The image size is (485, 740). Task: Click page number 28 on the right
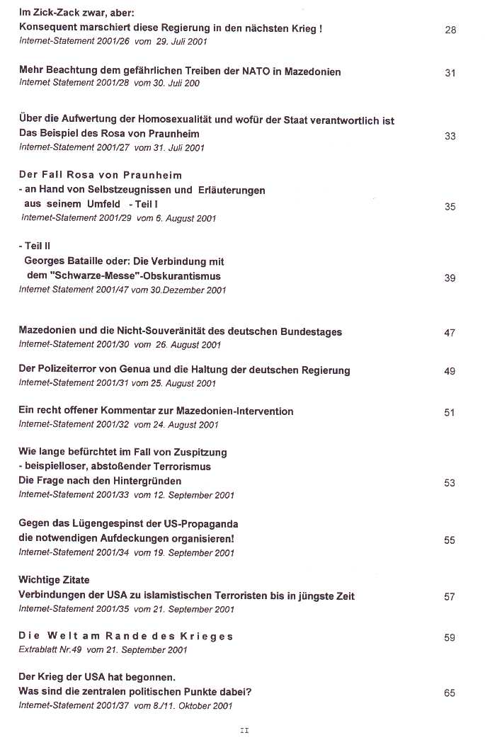point(450,30)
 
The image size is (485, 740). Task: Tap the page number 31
point(450,73)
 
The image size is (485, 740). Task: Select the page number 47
point(450,333)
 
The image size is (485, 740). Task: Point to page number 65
point(450,693)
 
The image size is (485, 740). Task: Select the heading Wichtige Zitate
point(54,580)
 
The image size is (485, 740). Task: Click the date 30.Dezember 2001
point(187,289)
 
